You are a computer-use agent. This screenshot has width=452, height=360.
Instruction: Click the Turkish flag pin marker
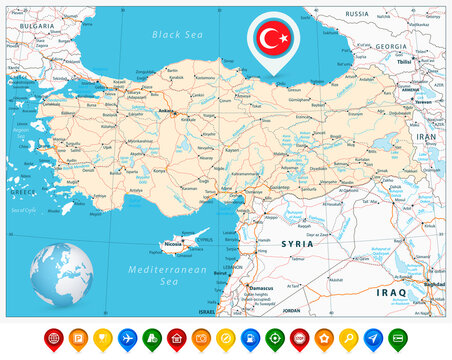tap(273, 40)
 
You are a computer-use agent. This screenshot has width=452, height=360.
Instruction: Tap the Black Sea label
tap(177, 34)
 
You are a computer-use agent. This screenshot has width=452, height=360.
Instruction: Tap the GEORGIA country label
tap(391, 47)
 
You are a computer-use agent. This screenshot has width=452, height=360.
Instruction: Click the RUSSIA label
tap(356, 14)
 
